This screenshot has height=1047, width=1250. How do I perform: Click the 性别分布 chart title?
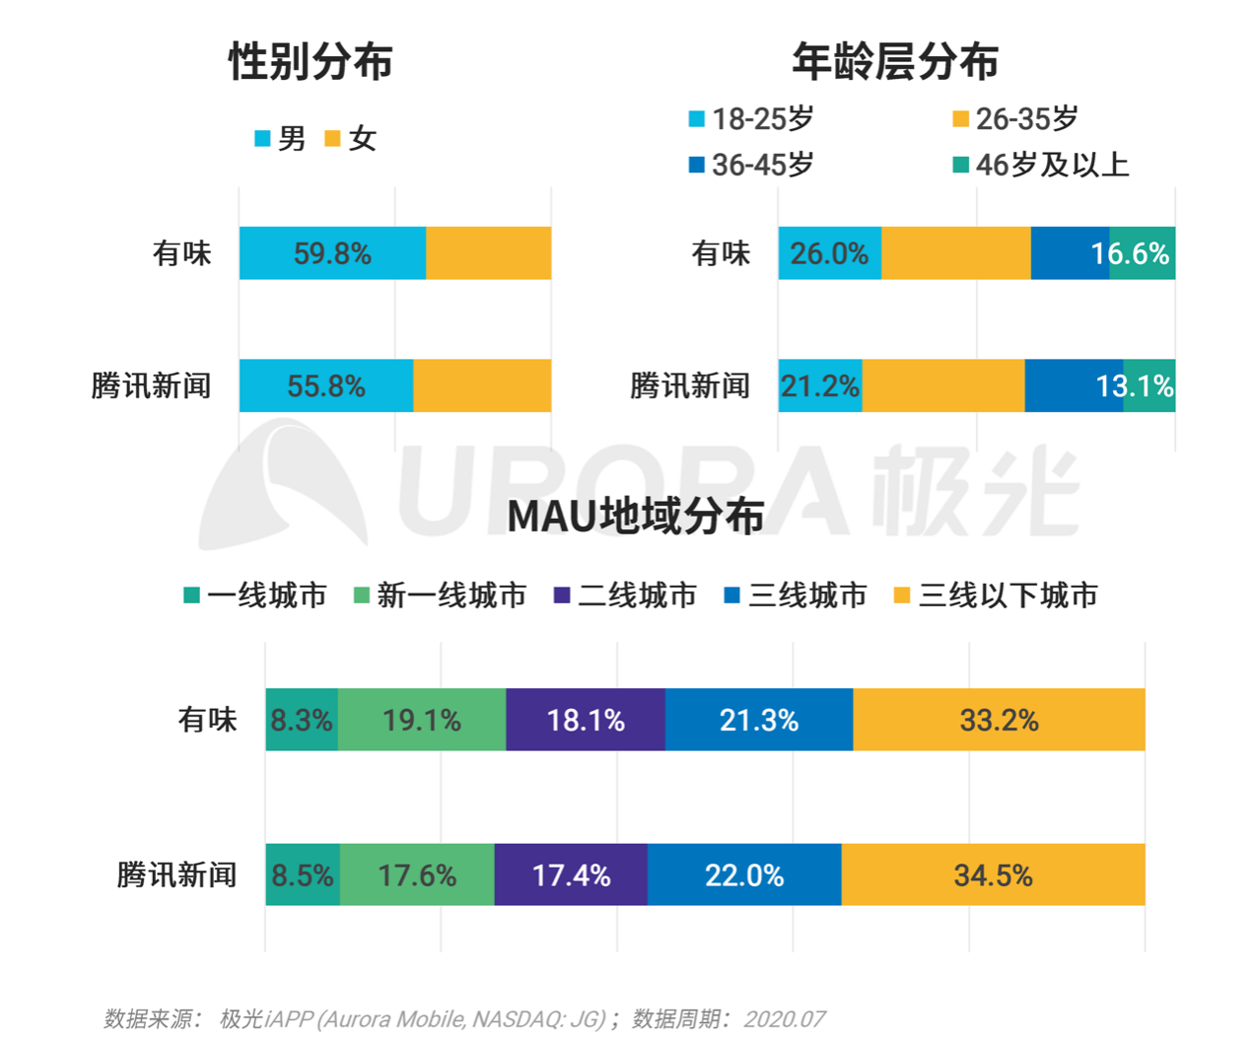[x=311, y=61]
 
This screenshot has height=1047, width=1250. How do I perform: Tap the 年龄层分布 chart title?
[x=894, y=61]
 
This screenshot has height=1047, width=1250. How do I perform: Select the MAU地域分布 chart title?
[x=636, y=517]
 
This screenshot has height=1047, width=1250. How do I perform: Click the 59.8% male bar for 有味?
[x=332, y=253]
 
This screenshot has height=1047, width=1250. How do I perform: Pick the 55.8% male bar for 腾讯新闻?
[x=326, y=385]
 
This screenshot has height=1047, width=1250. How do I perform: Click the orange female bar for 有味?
[x=488, y=253]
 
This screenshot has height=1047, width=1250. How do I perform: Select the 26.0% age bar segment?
[x=829, y=253]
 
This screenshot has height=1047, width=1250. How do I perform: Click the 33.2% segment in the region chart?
[x=999, y=720]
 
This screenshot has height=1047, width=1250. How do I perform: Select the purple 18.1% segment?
[x=586, y=720]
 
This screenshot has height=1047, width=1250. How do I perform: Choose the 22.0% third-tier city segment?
[x=744, y=874]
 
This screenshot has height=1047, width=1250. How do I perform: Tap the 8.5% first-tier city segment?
[x=303, y=874]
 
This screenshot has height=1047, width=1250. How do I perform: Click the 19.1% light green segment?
[x=422, y=720]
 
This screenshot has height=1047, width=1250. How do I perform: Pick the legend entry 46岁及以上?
[x=1041, y=165]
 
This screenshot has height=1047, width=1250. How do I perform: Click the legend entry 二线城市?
[x=626, y=595]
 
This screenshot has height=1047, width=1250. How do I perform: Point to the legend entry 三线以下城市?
[x=996, y=595]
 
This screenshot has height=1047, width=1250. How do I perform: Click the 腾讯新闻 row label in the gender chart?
[x=151, y=385]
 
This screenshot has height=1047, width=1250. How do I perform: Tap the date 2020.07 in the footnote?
[x=784, y=1018]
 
